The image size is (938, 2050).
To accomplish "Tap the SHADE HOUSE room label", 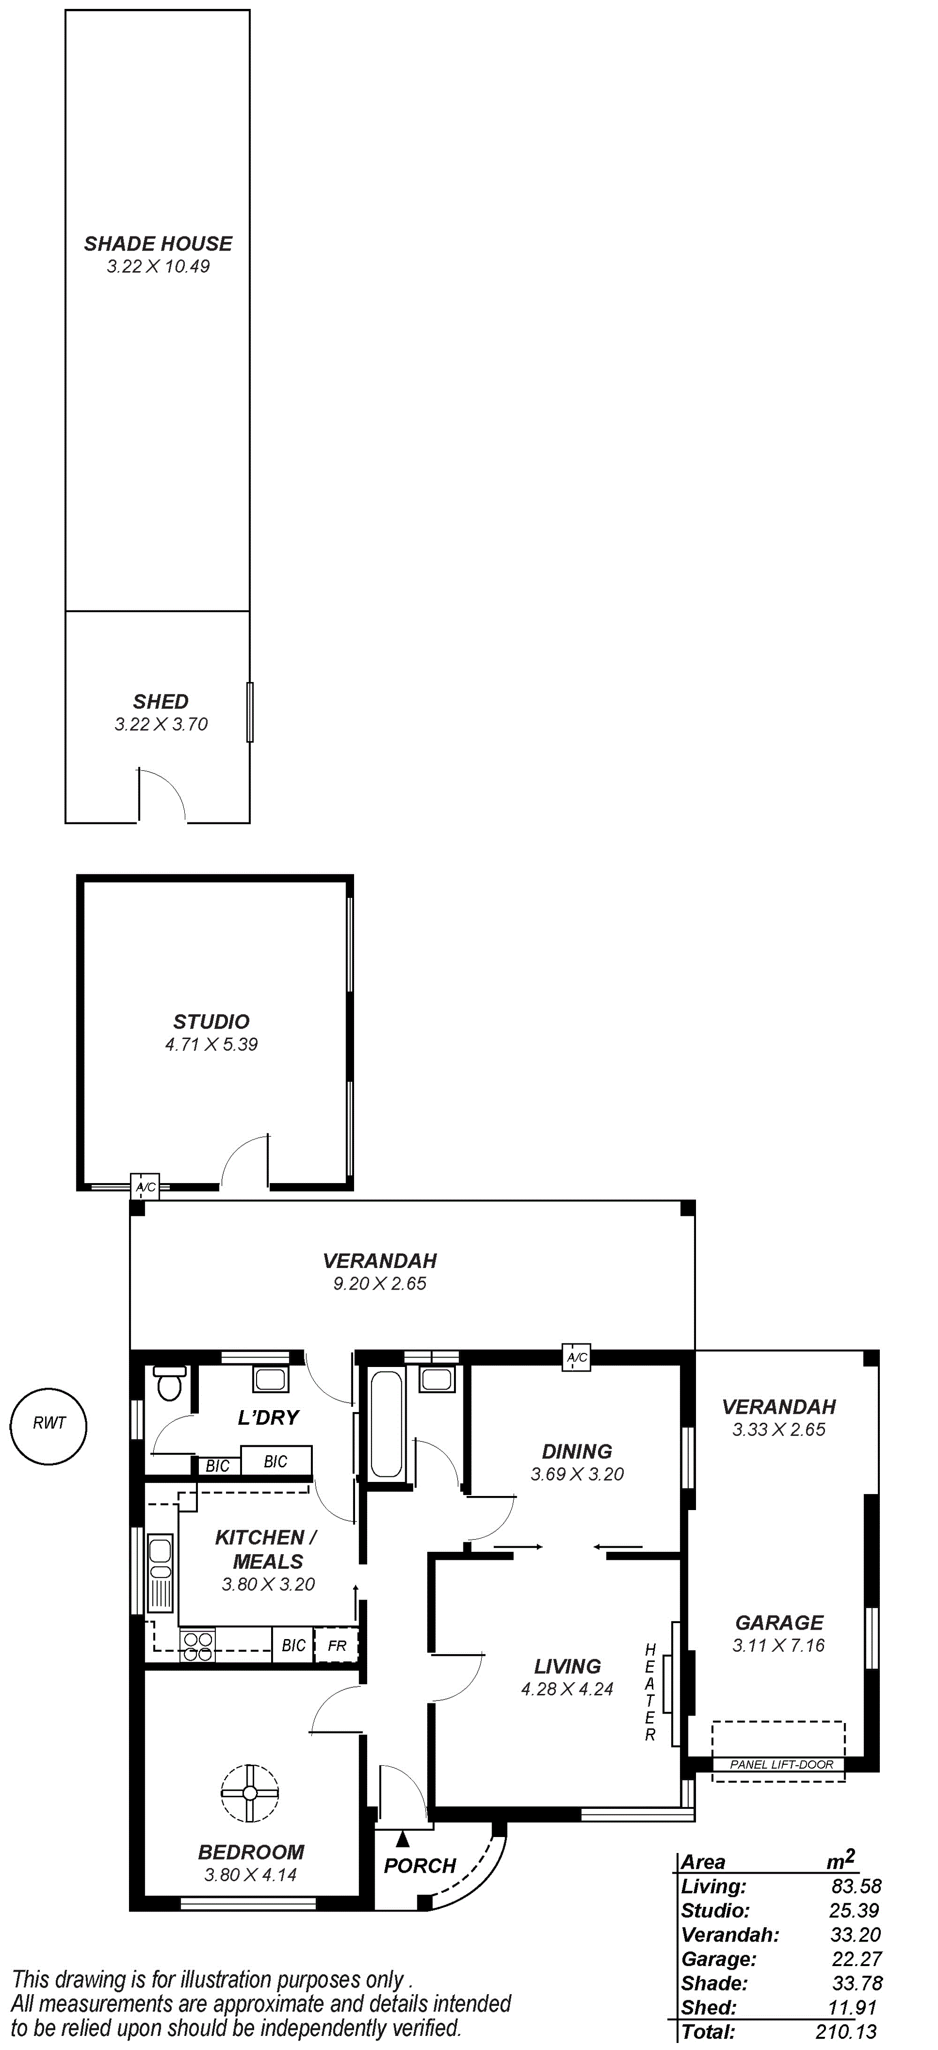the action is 159,243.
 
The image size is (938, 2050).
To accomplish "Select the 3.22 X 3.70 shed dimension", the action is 161,724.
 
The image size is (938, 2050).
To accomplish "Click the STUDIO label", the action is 212,1022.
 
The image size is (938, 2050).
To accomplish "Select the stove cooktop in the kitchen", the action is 197,1646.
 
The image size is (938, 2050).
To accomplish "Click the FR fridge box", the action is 337,1646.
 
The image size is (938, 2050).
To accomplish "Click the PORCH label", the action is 420,1866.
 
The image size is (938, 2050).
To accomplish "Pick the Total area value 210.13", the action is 847,2032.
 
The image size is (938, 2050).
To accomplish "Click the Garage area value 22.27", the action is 855,1959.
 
